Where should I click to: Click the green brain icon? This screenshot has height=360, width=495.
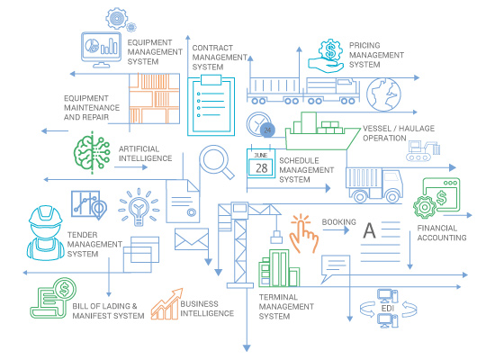92,153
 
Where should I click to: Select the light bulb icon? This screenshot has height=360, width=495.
139,207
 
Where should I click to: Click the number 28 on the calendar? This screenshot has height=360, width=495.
261,168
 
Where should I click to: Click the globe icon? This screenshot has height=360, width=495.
383,94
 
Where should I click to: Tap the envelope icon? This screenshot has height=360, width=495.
192,239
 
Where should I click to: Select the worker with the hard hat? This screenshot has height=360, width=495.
46,233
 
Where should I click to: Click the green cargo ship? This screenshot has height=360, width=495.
322,131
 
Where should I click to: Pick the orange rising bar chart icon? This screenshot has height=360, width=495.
167,304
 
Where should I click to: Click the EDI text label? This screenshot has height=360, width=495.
388,308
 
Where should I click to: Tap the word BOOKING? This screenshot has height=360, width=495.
338,222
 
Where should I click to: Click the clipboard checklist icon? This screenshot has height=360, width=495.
211,105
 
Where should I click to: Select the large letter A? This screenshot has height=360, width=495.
369,230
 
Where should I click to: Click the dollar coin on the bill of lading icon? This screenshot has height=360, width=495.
65,289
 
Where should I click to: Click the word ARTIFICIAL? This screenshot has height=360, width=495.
139,148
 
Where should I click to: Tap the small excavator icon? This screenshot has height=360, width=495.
423,151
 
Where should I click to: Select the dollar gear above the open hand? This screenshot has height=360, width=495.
330,51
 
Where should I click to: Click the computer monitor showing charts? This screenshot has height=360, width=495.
101,49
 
